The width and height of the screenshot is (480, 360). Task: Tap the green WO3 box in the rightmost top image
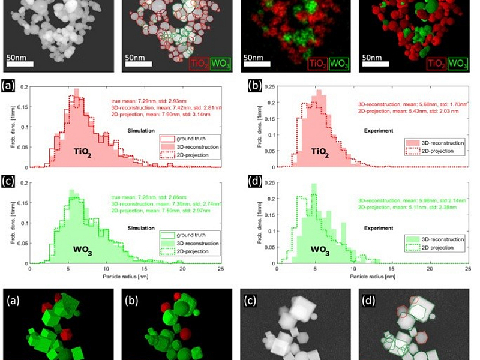459,63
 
